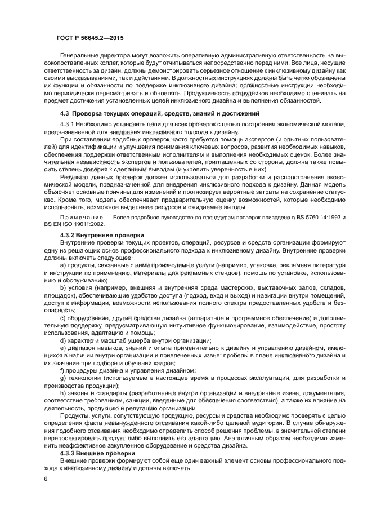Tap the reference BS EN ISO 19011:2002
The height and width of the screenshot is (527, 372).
pyautogui.click(x=71, y=223)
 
